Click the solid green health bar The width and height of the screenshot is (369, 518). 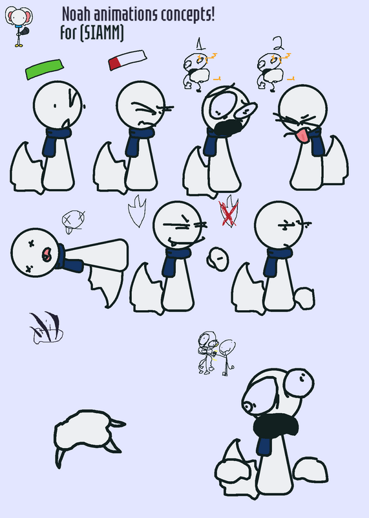click(x=45, y=69)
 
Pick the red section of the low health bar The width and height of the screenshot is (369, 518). click(x=114, y=63)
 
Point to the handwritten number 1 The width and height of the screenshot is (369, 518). click(x=200, y=44)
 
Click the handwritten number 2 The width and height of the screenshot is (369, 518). click(x=279, y=43)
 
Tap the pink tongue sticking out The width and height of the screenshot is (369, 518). click(x=302, y=136)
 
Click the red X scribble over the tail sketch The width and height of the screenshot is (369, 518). click(x=228, y=215)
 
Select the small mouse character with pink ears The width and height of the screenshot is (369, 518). click(x=19, y=27)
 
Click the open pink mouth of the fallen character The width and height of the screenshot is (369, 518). click(x=46, y=254)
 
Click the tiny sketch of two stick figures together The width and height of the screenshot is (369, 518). click(x=216, y=354)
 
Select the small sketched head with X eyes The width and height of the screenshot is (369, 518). click(x=74, y=220)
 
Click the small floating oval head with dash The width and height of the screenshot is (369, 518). click(x=218, y=259)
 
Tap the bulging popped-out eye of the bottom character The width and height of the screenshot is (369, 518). click(x=299, y=383)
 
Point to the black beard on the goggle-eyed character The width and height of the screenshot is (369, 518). click(x=229, y=128)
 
